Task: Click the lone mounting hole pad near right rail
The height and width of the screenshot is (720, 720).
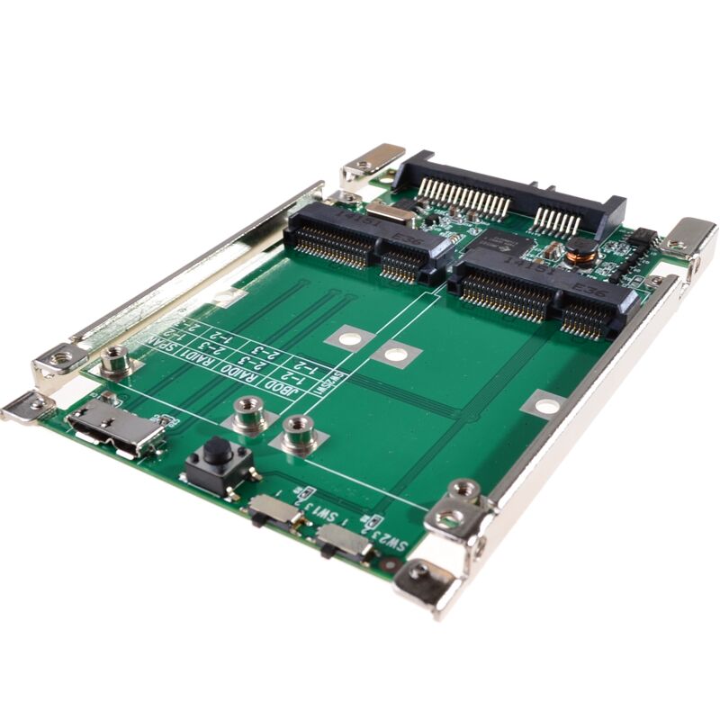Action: pos(544,404)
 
